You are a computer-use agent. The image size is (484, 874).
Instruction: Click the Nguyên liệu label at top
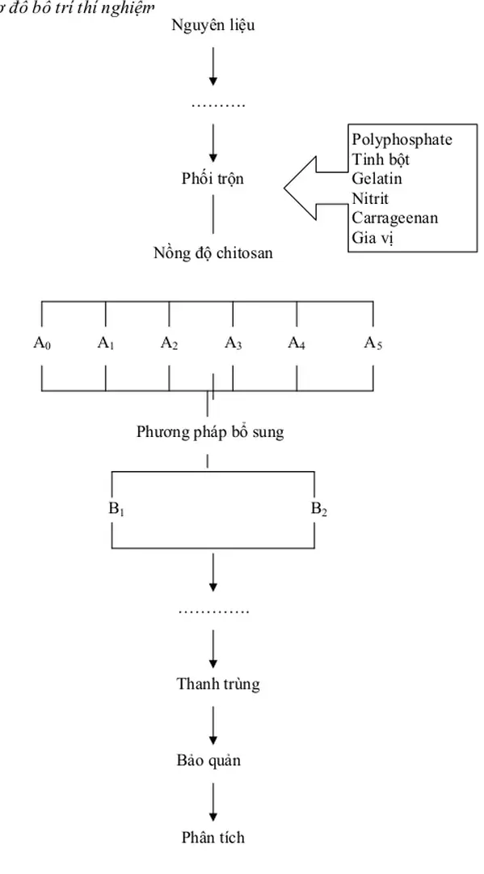[x=213, y=26]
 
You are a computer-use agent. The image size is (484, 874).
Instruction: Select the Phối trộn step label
[x=213, y=179]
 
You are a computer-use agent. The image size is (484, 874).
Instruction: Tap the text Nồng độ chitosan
[x=213, y=253]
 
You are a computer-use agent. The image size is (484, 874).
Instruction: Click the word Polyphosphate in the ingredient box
[x=402, y=139]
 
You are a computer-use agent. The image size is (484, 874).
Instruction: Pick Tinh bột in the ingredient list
[x=380, y=159]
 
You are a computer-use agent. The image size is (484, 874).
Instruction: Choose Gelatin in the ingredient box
[x=377, y=179]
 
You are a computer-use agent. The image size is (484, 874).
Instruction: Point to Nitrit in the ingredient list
[x=370, y=198]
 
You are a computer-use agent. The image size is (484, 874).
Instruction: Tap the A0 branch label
[x=42, y=343]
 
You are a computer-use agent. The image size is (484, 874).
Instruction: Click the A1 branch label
[x=105, y=343]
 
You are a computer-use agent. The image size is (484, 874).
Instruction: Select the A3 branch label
[x=233, y=343]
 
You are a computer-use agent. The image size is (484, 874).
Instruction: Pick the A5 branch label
[x=372, y=343]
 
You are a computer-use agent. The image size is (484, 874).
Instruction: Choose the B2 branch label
[x=319, y=510]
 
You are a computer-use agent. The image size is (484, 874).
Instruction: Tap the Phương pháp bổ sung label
[x=210, y=432]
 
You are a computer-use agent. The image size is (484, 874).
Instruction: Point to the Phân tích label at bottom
[x=213, y=838]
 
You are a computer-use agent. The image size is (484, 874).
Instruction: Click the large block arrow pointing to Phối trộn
[x=311, y=189]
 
